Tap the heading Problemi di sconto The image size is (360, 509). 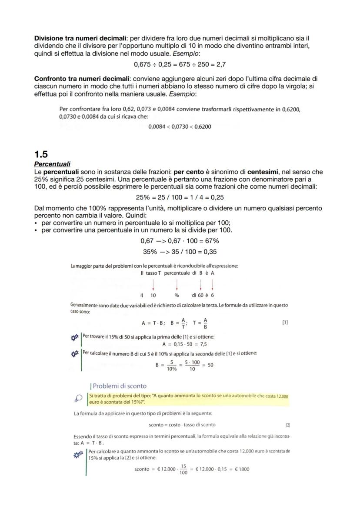[x=119, y=386]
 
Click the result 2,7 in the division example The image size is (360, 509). [x=220, y=64]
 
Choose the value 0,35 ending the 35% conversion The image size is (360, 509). [x=210, y=252]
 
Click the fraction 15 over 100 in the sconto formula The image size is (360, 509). [x=183, y=469]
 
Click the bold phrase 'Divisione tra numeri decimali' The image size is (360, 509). [x=80, y=38]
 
